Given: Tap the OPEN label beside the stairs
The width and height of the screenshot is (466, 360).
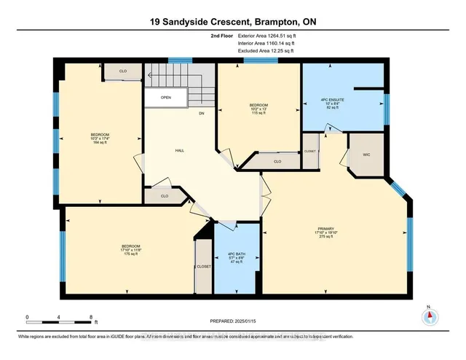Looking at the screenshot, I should coord(166,97).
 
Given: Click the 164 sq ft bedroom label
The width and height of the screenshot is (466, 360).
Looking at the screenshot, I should coord(100,138).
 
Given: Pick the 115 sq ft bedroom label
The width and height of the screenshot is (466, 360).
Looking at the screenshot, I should coord(259,109).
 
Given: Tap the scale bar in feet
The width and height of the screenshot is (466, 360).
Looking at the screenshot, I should coord(58,318).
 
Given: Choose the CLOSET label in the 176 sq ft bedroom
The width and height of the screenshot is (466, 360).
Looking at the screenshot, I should coord(203,267).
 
